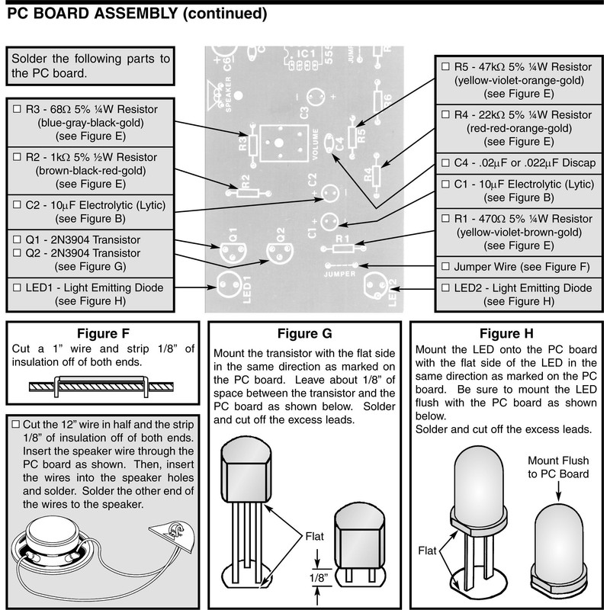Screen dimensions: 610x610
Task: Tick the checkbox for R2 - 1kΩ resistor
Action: (18, 157)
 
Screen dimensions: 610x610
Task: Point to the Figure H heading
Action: (506, 334)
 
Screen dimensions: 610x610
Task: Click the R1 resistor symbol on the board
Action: (341, 246)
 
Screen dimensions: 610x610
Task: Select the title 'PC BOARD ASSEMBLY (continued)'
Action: (137, 14)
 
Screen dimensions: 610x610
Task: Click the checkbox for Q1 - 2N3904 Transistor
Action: (18, 239)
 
